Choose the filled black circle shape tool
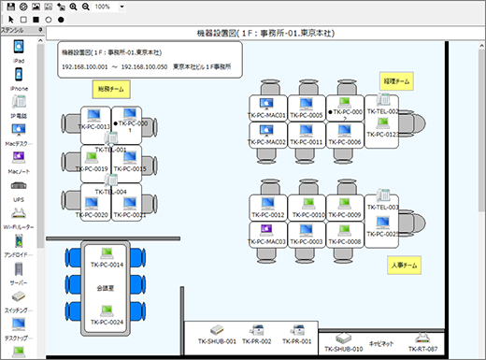tap(61, 19)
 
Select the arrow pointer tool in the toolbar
tap(8, 19)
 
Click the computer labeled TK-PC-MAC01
tap(267, 105)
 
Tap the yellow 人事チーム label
tap(403, 266)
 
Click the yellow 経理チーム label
tap(395, 82)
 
